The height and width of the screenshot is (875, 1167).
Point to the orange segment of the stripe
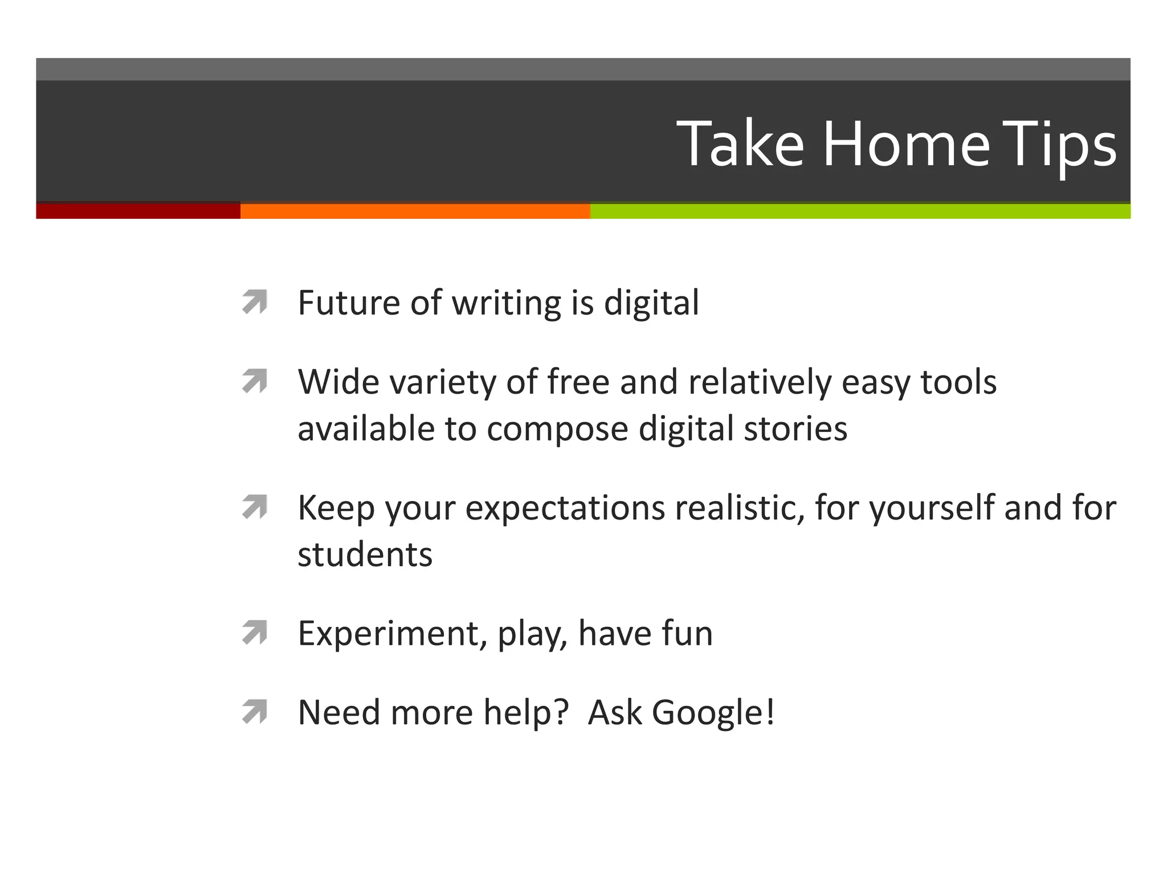[x=415, y=211]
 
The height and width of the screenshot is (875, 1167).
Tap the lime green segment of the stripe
[x=860, y=211]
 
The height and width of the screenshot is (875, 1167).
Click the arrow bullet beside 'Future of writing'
[x=255, y=302]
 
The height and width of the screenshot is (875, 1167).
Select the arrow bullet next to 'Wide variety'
[x=255, y=381]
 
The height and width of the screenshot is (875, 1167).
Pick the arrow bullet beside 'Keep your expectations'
[x=255, y=507]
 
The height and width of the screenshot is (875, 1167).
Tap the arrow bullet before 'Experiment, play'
[x=255, y=632]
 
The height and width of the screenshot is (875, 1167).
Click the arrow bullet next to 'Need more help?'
[x=255, y=712]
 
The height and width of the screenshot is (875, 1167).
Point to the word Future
[x=348, y=302]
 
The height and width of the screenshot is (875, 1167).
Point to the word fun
[x=687, y=633]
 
